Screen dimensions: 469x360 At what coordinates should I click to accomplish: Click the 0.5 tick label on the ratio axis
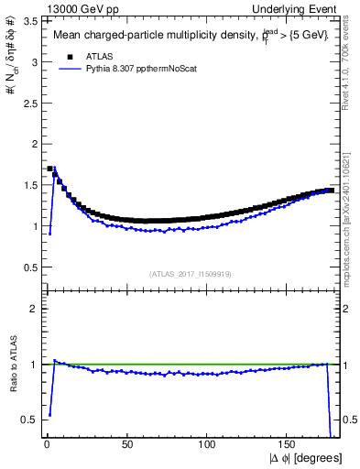[x=29, y=420]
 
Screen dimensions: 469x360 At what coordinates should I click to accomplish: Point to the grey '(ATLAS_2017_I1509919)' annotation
[x=191, y=273]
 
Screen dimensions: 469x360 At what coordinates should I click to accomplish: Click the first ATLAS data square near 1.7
[x=49, y=169]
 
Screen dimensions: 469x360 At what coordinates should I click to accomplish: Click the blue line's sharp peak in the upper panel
[x=54, y=169]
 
